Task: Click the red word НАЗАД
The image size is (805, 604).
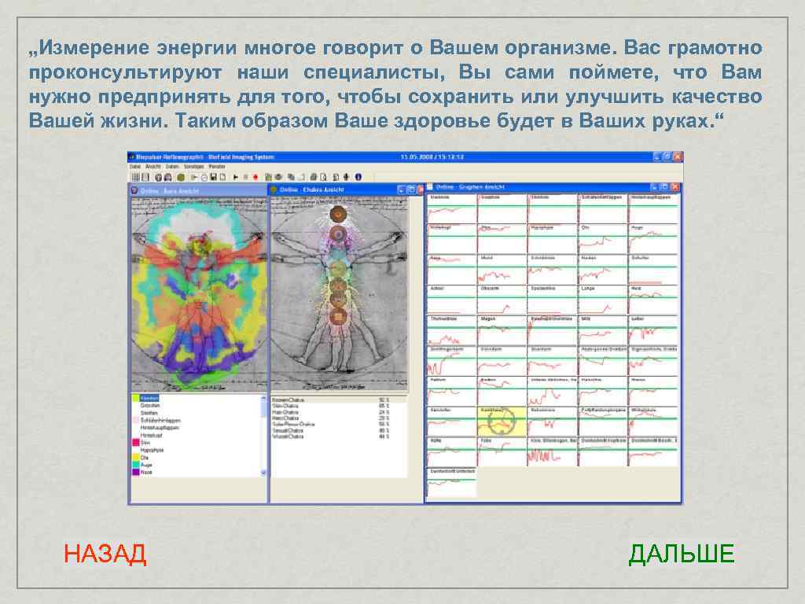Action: (x=105, y=554)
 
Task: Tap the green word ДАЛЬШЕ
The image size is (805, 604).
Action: (x=681, y=554)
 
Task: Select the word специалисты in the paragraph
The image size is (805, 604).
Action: (x=365, y=73)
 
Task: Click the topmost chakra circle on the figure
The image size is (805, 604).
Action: (x=338, y=212)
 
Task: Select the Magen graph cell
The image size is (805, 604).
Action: (x=502, y=330)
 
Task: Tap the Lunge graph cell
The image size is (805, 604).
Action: (x=602, y=300)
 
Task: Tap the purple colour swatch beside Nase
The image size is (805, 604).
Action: (x=134, y=473)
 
